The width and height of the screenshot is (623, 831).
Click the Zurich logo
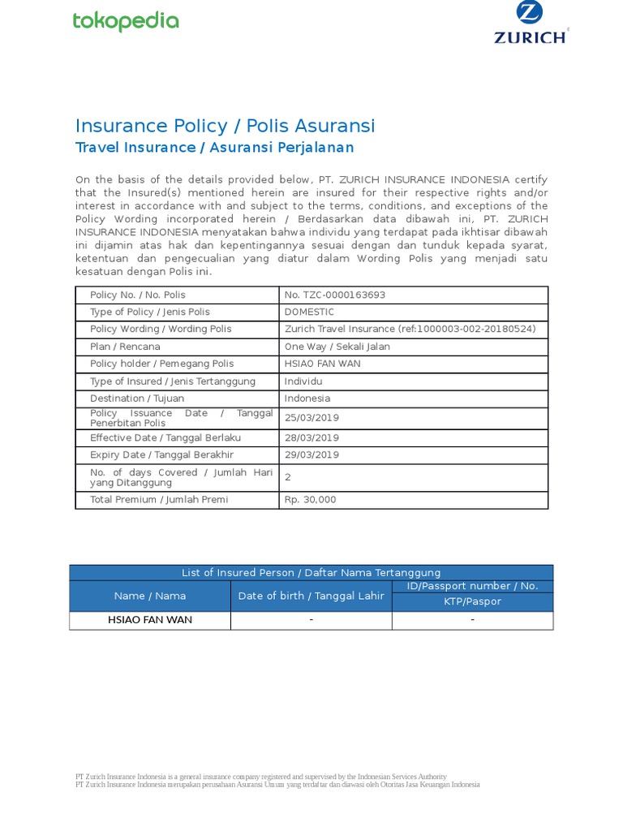(x=531, y=24)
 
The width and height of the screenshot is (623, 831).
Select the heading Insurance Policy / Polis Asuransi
(x=225, y=126)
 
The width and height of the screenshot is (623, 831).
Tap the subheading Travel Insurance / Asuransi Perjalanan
(x=214, y=148)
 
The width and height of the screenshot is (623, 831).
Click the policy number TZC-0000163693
(x=335, y=295)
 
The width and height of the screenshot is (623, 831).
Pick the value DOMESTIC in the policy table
(x=309, y=312)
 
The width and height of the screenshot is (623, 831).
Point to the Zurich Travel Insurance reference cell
(x=410, y=329)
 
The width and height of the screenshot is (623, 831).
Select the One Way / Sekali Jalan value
(x=337, y=347)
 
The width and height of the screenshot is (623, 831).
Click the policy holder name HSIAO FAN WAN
(x=322, y=364)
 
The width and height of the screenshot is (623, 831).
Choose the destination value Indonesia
(x=307, y=398)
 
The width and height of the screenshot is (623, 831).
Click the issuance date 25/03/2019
(x=311, y=418)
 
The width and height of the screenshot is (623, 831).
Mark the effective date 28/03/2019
(x=311, y=437)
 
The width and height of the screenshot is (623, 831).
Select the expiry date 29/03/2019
(x=311, y=454)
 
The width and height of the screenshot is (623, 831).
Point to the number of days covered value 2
(x=288, y=477)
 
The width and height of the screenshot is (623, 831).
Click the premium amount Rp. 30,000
(x=310, y=500)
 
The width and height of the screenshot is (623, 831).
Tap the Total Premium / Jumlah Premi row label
(x=159, y=500)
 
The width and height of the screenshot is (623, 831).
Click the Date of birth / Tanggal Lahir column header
(x=311, y=596)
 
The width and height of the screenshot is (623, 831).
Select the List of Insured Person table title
(x=311, y=573)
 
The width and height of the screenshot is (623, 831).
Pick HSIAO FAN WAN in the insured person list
(x=150, y=620)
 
